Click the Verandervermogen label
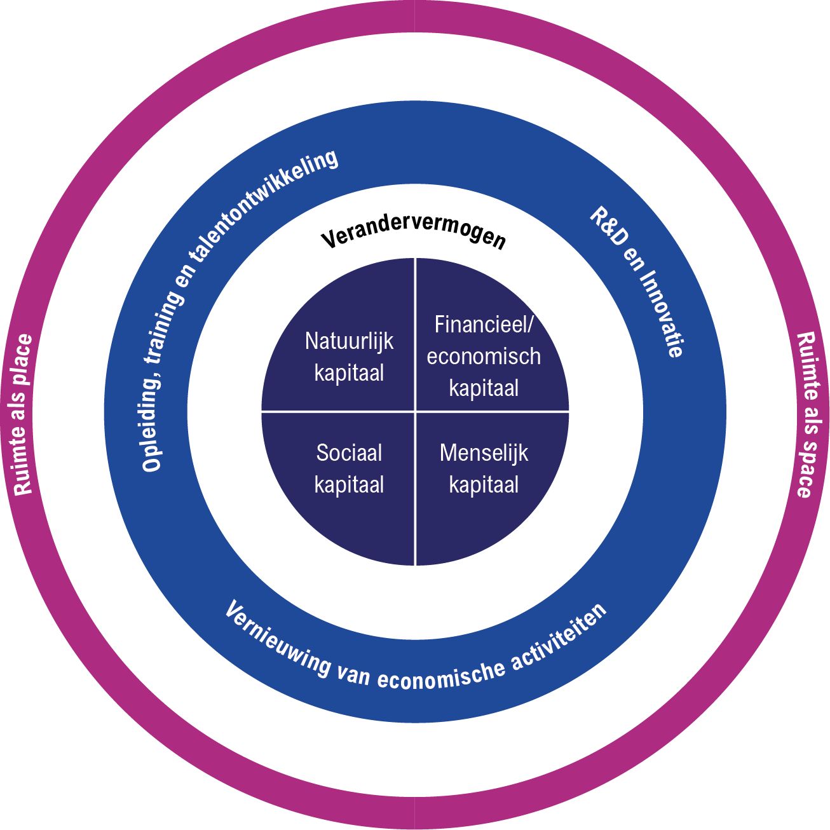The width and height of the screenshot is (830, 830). [414, 235]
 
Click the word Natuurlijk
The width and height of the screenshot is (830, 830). [349, 341]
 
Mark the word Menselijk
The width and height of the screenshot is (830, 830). [484, 453]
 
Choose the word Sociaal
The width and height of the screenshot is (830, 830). [349, 453]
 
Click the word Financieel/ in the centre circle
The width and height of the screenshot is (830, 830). [484, 325]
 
